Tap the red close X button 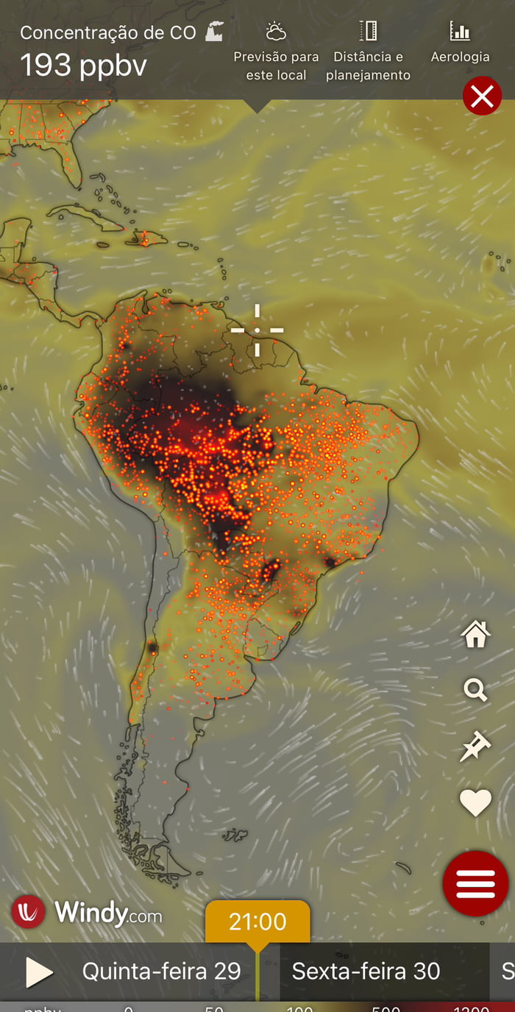482,96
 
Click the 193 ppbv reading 83,65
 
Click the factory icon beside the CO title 214,32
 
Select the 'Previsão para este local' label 276,65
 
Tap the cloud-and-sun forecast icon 276,32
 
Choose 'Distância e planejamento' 368,65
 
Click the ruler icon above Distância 368,31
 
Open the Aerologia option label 460,57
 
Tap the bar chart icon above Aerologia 460,31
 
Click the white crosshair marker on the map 257,330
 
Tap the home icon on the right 475,634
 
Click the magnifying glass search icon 475,690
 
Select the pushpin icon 475,746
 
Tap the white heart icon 475,802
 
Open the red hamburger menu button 475,883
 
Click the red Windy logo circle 28,912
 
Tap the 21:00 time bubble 257,922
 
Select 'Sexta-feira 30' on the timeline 366,971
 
